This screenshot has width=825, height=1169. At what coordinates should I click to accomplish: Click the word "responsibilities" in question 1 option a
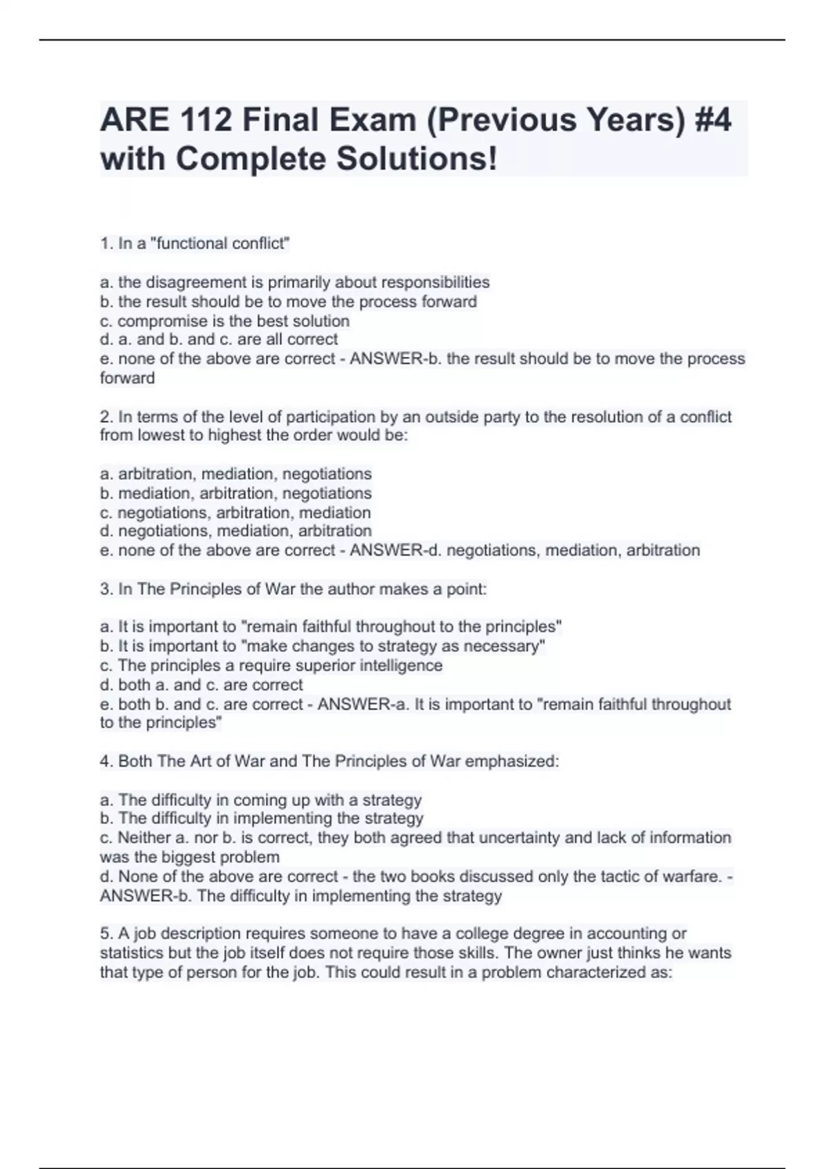pyautogui.click(x=435, y=283)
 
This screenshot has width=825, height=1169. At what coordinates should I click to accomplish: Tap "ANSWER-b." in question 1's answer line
pyautogui.click(x=395, y=359)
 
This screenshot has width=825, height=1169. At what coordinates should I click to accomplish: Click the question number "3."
pyautogui.click(x=107, y=589)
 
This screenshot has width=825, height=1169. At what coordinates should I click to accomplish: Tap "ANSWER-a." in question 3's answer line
pyautogui.click(x=364, y=704)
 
